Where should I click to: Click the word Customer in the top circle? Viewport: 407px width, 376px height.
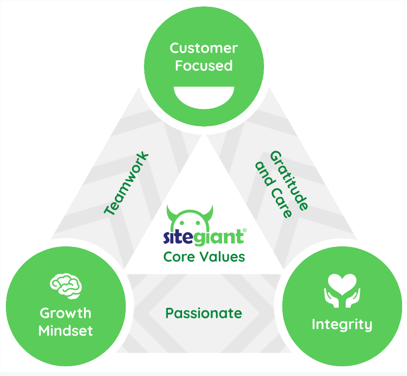tap(204, 48)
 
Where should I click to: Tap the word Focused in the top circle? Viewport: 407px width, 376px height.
tap(204, 65)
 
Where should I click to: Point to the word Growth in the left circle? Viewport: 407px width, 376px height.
tap(65, 313)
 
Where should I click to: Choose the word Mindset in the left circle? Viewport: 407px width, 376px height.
tap(65, 330)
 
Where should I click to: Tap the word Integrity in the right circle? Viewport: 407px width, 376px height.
tap(342, 324)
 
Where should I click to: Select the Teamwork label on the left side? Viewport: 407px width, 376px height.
tap(127, 184)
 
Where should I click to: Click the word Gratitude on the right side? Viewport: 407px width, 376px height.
tap(290, 180)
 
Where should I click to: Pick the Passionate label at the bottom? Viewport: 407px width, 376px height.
tap(203, 313)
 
